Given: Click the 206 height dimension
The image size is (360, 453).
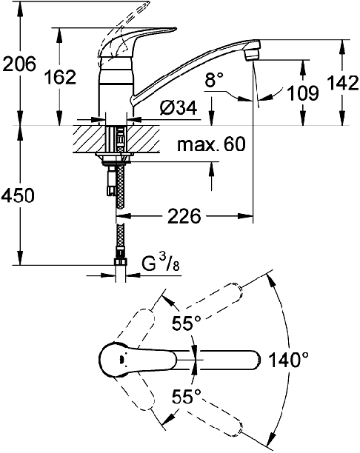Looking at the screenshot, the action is pyautogui.click(x=19, y=64).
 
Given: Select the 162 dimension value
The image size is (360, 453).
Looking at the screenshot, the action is pyautogui.click(x=61, y=77).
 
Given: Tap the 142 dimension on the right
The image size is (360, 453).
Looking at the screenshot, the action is pyautogui.click(x=343, y=83).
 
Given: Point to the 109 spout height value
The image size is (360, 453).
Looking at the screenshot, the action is pyautogui.click(x=303, y=93).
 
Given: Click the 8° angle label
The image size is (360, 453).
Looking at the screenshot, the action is pyautogui.click(x=214, y=80).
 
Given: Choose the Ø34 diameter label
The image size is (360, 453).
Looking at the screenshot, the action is pyautogui.click(x=179, y=107).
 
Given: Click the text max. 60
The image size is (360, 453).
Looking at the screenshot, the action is pyautogui.click(x=211, y=144).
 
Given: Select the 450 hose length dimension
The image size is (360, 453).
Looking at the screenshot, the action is pyautogui.click(x=18, y=195).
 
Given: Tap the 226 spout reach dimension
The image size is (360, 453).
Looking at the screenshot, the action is pyautogui.click(x=184, y=216).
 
